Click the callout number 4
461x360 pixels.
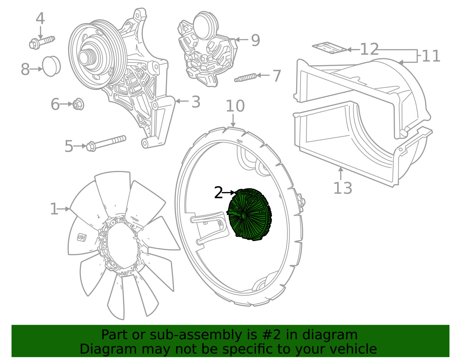pyautogui.click(x=40, y=19)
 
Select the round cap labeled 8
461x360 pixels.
pyautogui.click(x=51, y=66)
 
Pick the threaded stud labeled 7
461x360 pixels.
pyautogui.click(x=245, y=78)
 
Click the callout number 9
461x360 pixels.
pyautogui.click(x=256, y=40)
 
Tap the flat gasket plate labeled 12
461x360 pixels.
pyautogui.click(x=329, y=48)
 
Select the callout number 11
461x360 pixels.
pyautogui.click(x=431, y=56)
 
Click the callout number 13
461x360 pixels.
pyautogui.click(x=343, y=188)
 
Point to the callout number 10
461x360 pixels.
pyautogui.click(x=235, y=106)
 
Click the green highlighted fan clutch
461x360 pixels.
pyautogui.click(x=250, y=215)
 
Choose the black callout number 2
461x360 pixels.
pyautogui.click(x=218, y=193)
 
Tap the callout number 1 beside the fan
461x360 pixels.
pyautogui.click(x=54, y=209)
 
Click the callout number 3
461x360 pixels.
pyautogui.click(x=196, y=102)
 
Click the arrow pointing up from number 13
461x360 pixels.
pyautogui.click(x=341, y=173)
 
